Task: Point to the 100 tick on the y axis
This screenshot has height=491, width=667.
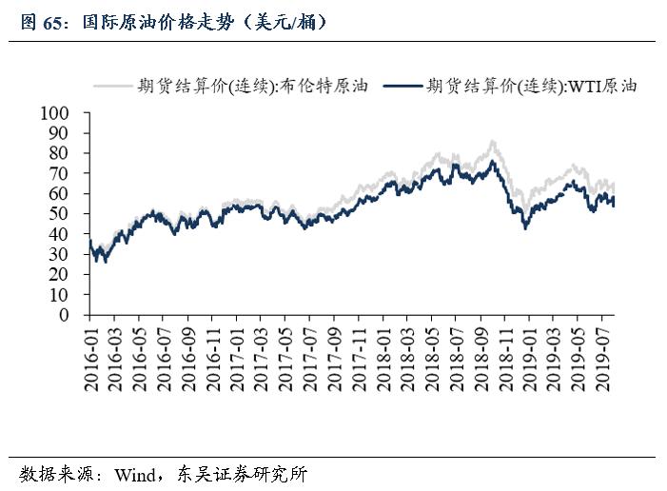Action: pyautogui.click(x=55, y=113)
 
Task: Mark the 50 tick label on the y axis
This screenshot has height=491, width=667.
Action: pyautogui.click(x=59, y=214)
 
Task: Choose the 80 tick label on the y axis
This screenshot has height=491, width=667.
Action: pyautogui.click(x=59, y=153)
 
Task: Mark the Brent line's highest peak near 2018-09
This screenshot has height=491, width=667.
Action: pyautogui.click(x=492, y=142)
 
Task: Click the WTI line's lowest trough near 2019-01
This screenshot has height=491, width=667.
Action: pyautogui.click(x=525, y=228)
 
